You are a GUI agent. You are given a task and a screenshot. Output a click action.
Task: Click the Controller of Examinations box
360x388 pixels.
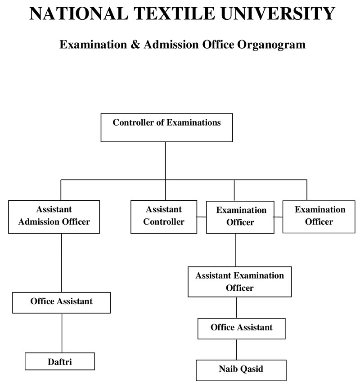[x=166, y=128]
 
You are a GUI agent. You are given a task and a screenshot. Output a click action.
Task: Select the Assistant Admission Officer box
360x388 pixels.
[x=54, y=217]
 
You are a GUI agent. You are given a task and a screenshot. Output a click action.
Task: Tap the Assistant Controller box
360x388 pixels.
[x=164, y=217]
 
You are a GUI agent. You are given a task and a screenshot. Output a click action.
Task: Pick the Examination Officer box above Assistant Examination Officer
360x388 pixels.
[x=240, y=217]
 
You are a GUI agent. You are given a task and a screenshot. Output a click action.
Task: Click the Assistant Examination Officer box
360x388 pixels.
[x=239, y=281]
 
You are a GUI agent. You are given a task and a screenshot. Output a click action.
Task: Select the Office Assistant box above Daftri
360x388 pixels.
[x=61, y=302]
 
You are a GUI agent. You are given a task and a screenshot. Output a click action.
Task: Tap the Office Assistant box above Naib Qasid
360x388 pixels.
[x=241, y=328]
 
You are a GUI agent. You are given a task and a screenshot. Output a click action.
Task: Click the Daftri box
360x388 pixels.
[x=60, y=361]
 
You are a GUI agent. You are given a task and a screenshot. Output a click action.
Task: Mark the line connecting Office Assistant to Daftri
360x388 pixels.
[x=61, y=333]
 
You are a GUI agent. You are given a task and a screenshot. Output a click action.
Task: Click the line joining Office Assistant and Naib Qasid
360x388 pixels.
[x=236, y=349]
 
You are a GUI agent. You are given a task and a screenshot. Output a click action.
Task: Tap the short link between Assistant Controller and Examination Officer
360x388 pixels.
[x=202, y=217]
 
